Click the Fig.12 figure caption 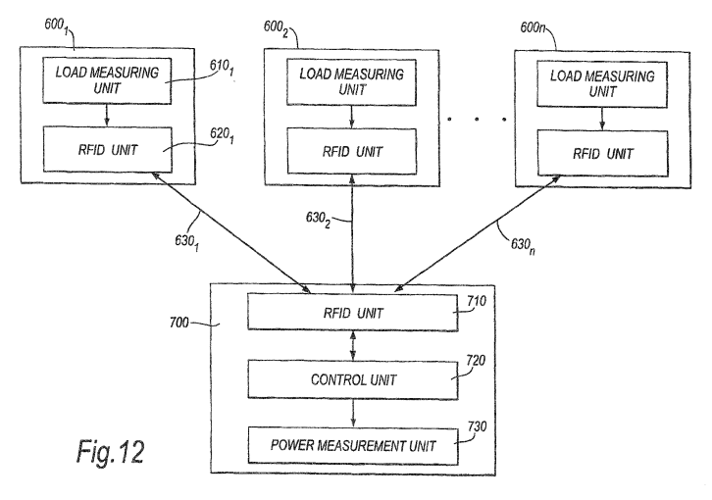111,452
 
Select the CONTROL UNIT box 353,379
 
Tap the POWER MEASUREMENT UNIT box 353,445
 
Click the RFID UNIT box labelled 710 353,313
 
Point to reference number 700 178,323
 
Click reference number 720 476,360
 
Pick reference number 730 478,426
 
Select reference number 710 477,301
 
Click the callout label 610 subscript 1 222,68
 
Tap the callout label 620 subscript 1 222,135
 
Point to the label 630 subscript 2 318,220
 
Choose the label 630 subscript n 523,246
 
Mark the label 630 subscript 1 187,242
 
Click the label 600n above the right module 533,27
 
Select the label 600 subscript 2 277,29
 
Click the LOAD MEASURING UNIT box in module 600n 602,84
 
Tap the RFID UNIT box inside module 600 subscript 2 352,151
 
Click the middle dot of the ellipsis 477,119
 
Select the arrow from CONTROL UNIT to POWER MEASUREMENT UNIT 353,414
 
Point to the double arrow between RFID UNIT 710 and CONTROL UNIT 353,346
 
